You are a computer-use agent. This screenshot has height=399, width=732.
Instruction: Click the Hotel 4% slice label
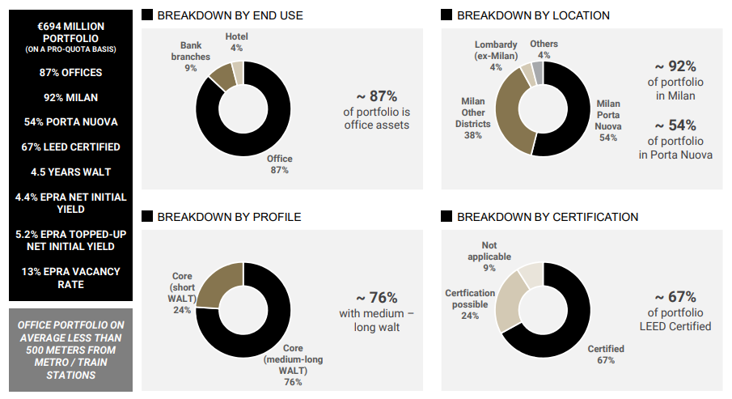pos(237,42)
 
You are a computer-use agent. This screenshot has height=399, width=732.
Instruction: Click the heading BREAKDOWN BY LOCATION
pos(533,15)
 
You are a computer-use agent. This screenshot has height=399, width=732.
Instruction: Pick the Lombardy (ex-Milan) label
pos(496,55)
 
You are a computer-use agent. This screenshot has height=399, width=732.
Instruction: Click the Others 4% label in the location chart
pos(544,49)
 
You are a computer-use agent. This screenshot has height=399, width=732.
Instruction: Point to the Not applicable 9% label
pos(489,256)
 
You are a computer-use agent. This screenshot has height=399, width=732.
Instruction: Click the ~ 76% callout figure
pos(377,297)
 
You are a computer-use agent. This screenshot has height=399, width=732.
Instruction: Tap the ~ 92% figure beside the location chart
pos(675,67)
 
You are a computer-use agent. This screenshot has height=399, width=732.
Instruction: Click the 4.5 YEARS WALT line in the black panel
pos(70,172)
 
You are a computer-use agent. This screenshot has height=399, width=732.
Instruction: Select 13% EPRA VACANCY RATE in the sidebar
pos(70,278)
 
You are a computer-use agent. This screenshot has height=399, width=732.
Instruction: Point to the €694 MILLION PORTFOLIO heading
pos(70,32)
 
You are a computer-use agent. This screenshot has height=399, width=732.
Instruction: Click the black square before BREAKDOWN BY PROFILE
pos(146,217)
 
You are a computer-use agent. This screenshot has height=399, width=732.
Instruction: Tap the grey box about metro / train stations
pos(70,350)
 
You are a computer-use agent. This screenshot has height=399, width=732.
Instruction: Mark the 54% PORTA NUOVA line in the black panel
pos(70,122)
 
